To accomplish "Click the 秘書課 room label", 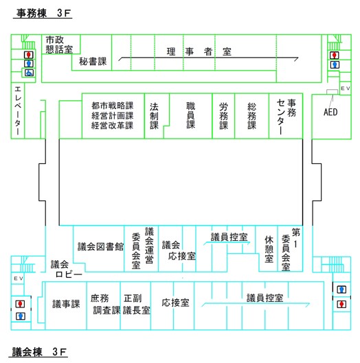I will pos(93,62).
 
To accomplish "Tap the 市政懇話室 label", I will pos(59,45).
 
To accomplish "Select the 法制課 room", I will pos(155,116).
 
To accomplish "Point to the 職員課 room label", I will pos(191,116).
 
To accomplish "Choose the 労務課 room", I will pos(223,116).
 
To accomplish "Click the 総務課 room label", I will pos(251,116).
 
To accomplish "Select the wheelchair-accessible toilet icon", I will pos(28,72).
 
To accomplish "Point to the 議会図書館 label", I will pos(100,246).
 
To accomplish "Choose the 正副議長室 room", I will pos(137,304).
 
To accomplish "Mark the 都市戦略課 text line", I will pos(112,106).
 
